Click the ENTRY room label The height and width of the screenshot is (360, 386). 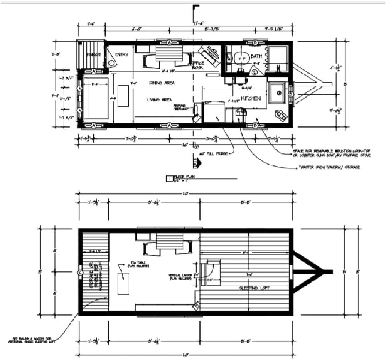pyautogui.click(x=122, y=54)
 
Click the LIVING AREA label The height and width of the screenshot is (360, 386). pyautogui.click(x=160, y=100)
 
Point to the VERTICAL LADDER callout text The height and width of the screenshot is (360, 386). pyautogui.click(x=179, y=277)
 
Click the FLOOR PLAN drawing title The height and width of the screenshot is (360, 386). pyautogui.click(x=182, y=178)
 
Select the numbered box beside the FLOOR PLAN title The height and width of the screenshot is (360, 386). pyautogui.click(x=169, y=179)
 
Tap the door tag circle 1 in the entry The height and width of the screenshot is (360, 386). pyautogui.click(x=112, y=63)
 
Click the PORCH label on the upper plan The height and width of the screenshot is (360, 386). pyautogui.click(x=91, y=54)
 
